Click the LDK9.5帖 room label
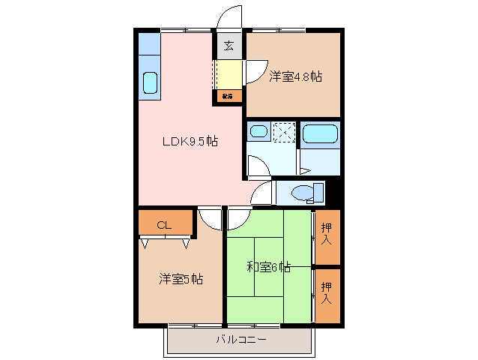click(x=191, y=141)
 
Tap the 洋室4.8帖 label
click(x=295, y=76)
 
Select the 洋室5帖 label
click(x=181, y=279)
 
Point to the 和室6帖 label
click(x=268, y=266)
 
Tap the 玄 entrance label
click(x=229, y=46)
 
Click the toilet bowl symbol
click(x=306, y=193)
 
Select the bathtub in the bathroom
click(x=321, y=134)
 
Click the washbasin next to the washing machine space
click(x=258, y=132)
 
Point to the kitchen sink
click(x=149, y=82)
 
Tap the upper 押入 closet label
click(x=327, y=234)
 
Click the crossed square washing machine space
click(x=283, y=132)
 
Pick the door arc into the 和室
click(x=239, y=218)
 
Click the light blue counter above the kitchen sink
click(x=149, y=43)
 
